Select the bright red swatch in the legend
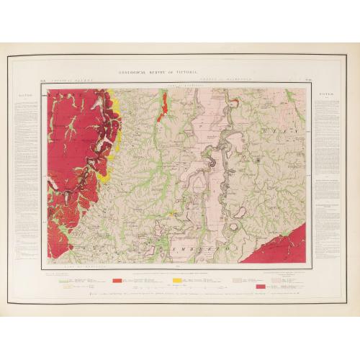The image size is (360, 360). point(117,279)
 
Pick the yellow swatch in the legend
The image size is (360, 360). point(178,279)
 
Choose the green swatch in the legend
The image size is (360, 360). point(64,279)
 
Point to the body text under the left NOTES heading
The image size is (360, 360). point(22,180)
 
